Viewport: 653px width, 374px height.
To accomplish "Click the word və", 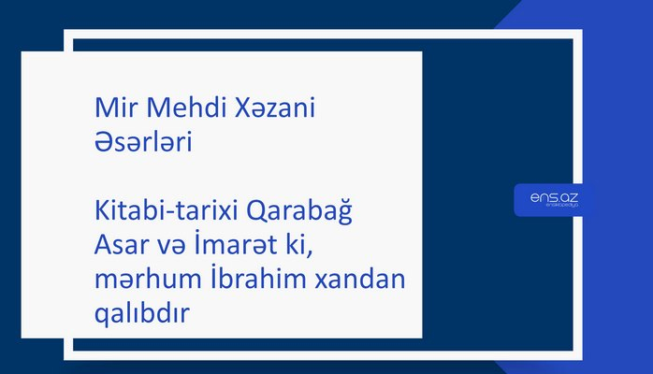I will tap(176, 249).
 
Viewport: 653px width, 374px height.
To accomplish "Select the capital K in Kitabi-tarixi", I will tap(102, 214).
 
